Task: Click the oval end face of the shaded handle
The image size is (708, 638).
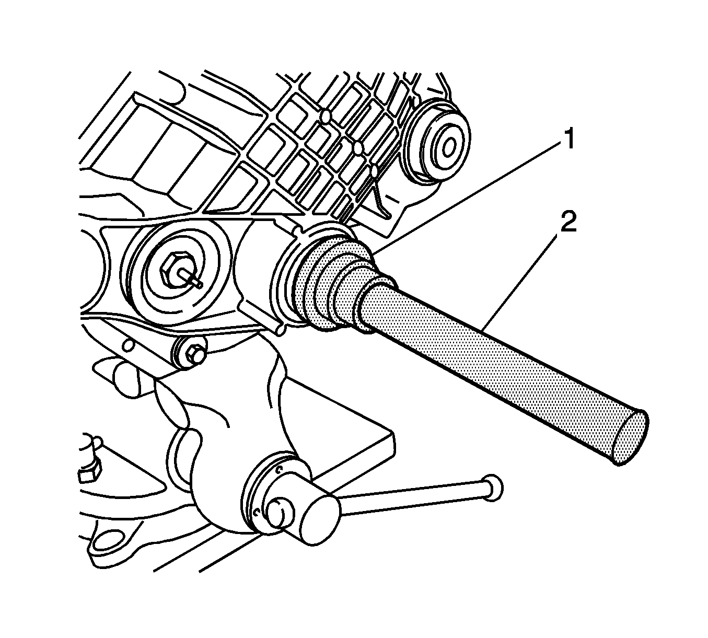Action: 630,438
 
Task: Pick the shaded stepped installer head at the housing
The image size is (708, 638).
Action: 339,283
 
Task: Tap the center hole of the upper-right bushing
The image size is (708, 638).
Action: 448,147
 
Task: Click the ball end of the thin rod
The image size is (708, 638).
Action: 493,488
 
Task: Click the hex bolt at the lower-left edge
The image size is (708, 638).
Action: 88,471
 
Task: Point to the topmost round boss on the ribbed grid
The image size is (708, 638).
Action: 326,116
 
